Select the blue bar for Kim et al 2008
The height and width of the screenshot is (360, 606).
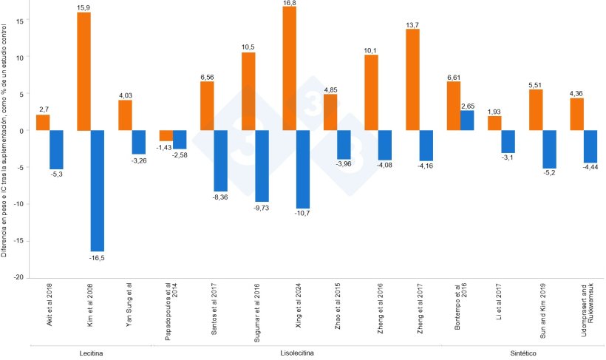pos(98,191)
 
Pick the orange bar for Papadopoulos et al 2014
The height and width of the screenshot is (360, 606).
pos(166,136)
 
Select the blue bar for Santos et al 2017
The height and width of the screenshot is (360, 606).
pos(221,161)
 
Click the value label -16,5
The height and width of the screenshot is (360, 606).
pos(98,257)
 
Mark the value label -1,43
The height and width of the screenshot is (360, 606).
pos(164,147)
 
